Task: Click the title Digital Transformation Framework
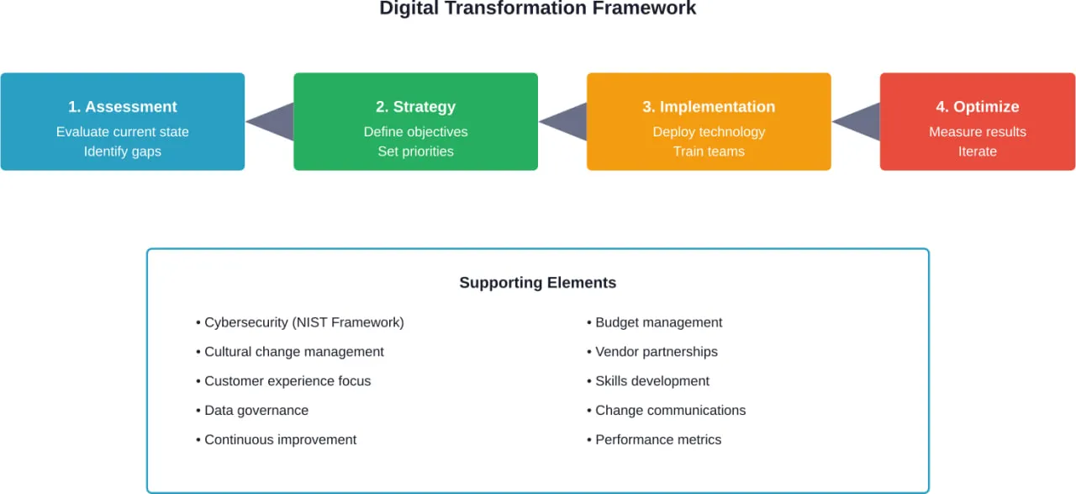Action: (537, 9)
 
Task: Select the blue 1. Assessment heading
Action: (123, 107)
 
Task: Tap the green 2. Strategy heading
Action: (415, 107)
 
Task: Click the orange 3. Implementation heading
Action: (709, 107)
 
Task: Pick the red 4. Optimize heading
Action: (977, 107)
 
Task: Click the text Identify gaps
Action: (123, 151)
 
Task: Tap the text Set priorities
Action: (415, 151)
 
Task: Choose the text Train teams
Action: (709, 151)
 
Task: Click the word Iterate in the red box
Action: (977, 151)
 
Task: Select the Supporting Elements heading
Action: (537, 283)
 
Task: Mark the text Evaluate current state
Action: (123, 132)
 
